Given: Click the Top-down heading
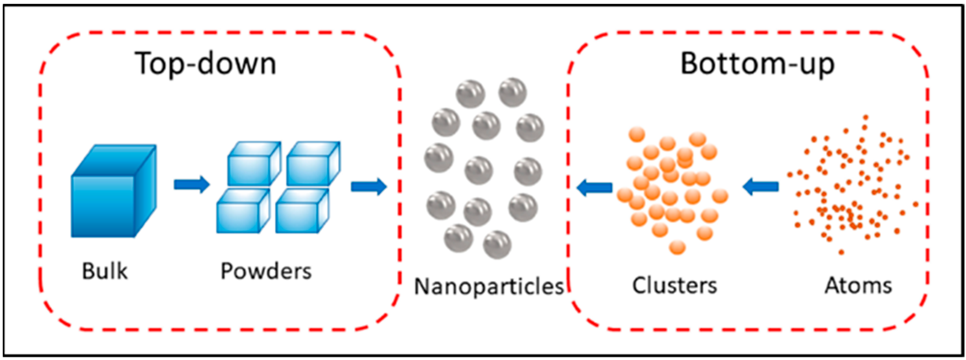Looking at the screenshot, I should coord(206,64).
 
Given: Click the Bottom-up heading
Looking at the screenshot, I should coord(757,64).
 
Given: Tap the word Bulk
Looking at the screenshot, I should coord(105,271).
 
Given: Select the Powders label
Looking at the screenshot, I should coord(266,271).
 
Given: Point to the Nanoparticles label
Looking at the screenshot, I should coord(488,286).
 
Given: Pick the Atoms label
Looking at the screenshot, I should coord(858,286).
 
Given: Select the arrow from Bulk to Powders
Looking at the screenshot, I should coord(192,184).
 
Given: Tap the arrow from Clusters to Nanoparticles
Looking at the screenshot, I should coord(594,187).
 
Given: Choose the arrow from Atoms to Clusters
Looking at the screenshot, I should coord(761,187).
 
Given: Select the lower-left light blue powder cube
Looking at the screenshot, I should coord(242,212).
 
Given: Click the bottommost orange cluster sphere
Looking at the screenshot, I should coord(677,247).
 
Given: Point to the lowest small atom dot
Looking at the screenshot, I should coord(841,252).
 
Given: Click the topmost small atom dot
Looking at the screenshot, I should coord(865,117).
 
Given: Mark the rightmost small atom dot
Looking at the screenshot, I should coord(916,204).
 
